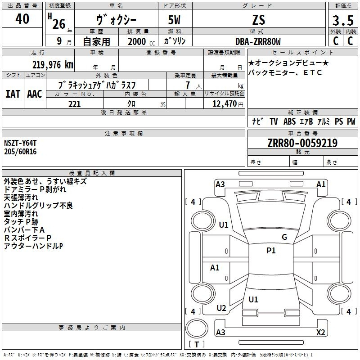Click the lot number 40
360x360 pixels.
22,19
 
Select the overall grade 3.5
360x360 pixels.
343,20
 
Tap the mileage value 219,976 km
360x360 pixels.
53,64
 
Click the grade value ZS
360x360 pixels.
259,20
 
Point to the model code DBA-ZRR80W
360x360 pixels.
258,41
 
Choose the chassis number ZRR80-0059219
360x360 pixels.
302,143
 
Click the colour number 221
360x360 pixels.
74,104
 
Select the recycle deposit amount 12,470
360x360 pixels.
224,104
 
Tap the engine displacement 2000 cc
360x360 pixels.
141,41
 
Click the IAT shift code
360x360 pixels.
13,94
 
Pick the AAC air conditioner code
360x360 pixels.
35,94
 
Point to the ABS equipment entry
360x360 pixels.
289,121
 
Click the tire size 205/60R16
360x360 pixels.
20,152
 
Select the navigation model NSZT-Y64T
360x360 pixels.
20,143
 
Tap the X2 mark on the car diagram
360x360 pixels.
320,332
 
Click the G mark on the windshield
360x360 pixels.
284,237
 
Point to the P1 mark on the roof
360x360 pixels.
271,250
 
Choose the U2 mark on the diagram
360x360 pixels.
221,308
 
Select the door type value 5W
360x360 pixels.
174,20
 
